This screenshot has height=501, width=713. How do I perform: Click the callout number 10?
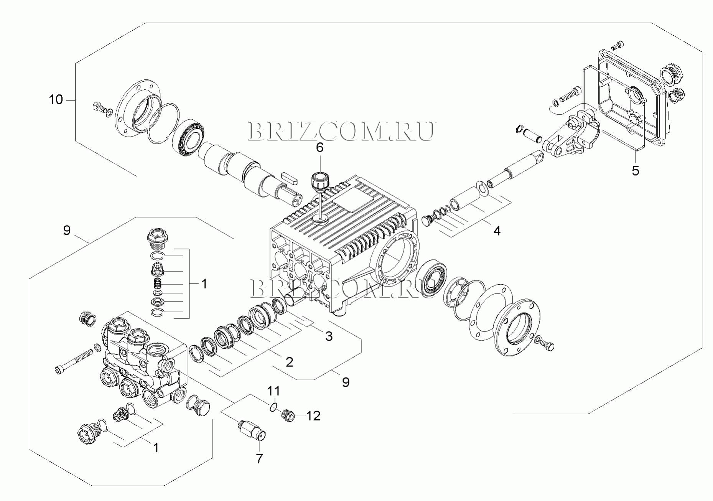56,100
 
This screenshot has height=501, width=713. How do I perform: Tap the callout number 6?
319,148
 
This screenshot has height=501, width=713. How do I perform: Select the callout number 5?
636,171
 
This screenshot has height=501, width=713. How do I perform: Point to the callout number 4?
497,231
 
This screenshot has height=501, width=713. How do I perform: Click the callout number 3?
329,336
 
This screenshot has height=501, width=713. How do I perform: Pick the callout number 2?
289,362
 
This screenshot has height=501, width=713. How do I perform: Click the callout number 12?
313,416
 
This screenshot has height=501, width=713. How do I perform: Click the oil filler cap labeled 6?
319,181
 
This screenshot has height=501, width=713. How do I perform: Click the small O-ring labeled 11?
272,407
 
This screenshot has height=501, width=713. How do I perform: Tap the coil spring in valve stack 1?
157,284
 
